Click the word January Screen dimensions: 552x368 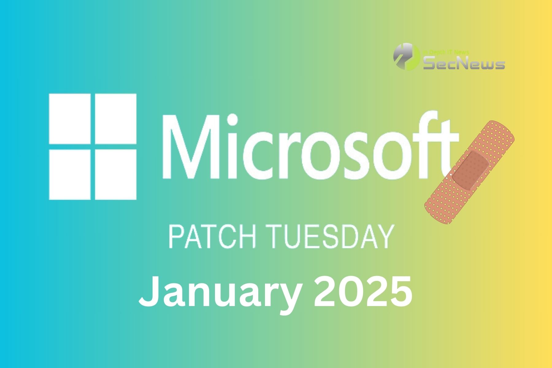pos(219,291)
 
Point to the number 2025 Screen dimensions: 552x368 pos(362,290)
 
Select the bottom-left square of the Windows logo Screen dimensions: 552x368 pos(70,174)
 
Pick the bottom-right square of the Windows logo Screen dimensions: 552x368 pos(116,174)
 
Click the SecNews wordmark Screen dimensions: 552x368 pos(464,63)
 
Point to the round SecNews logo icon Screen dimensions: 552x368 pos(407,56)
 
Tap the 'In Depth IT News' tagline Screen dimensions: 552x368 pos(446,52)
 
